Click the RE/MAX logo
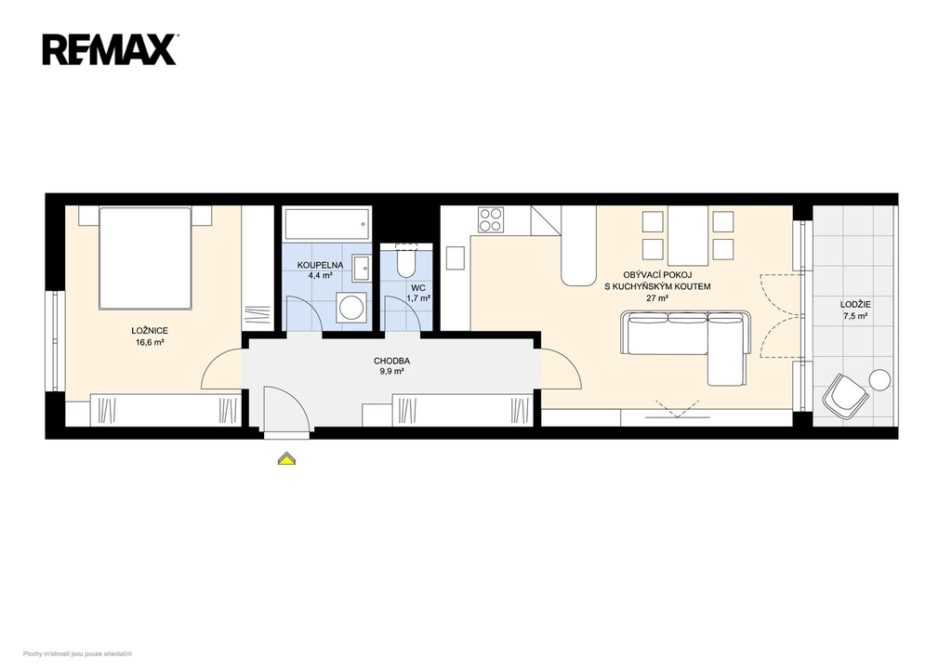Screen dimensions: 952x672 (x=110, y=49)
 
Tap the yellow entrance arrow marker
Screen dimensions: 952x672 (x=286, y=459)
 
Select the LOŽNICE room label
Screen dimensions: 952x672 (x=150, y=331)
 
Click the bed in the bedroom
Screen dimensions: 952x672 (x=145, y=258)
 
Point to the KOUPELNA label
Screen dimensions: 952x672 (x=320, y=265)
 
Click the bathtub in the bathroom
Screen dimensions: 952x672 (x=327, y=225)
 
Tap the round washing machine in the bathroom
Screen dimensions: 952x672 (x=351, y=307)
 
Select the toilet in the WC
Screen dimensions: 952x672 (x=405, y=260)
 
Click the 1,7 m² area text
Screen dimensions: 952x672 (x=418, y=298)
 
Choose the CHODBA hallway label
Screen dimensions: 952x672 (x=391, y=362)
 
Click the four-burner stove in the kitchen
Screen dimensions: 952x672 (x=491, y=219)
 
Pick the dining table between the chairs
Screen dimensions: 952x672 (x=688, y=235)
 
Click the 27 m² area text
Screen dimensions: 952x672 (x=657, y=298)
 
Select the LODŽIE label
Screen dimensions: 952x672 (x=855, y=305)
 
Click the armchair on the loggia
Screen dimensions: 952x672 (x=844, y=395)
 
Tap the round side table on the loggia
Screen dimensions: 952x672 (x=879, y=380)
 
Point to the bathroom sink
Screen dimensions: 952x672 (x=362, y=268)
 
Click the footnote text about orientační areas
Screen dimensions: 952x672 (x=78, y=653)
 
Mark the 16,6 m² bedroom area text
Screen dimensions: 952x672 (x=150, y=342)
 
